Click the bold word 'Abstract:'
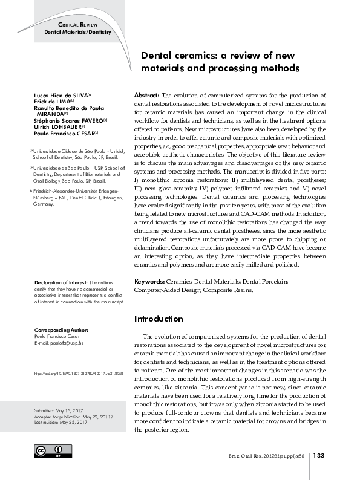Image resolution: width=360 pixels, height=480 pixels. coord(146,96)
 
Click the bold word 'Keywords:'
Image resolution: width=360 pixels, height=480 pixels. coord(148,282)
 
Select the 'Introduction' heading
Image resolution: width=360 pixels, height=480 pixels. coord(158,319)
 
